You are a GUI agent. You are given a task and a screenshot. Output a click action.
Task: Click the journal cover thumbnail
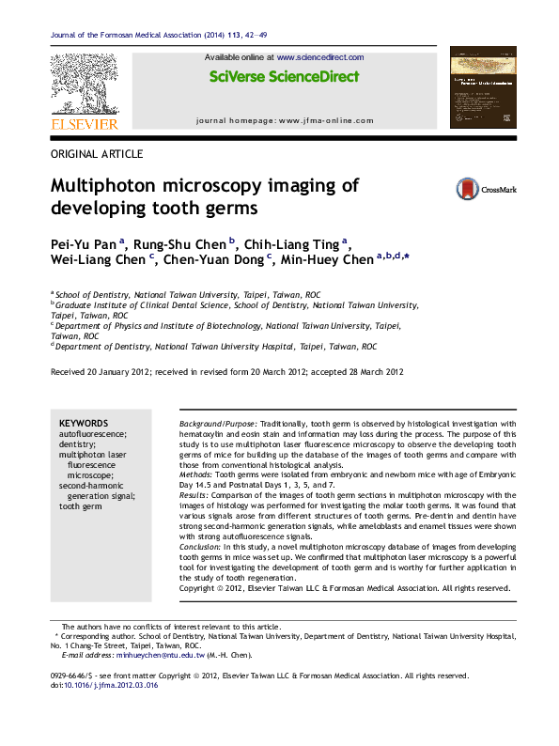point(483,88)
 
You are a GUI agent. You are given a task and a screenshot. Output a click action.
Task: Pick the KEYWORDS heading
point(84,424)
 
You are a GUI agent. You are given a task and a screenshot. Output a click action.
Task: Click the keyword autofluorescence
point(92,435)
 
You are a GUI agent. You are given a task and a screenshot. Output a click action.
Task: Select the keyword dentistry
point(78,445)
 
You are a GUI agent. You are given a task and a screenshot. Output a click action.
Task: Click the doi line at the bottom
point(103,686)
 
